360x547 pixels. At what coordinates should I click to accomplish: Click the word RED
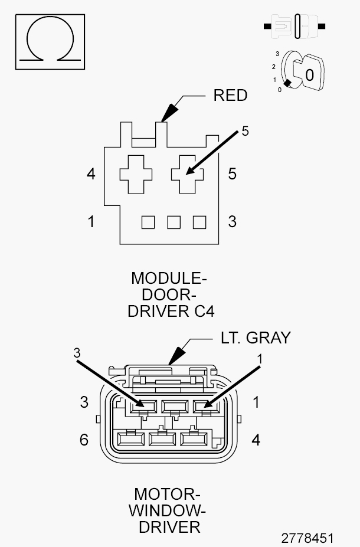230,96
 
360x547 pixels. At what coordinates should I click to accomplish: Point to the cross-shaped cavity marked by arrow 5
188,174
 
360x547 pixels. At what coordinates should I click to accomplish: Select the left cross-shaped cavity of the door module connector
136,174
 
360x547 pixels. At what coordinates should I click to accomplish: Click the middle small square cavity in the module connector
174,222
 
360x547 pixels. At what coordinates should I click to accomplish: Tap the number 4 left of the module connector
91,174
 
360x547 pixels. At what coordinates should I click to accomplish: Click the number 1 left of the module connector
91,222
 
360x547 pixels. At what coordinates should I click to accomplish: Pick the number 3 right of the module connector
233,222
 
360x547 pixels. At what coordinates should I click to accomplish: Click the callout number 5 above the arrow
246,131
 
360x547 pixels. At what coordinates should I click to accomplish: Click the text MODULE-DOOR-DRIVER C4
171,294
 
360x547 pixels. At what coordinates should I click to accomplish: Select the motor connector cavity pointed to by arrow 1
202,405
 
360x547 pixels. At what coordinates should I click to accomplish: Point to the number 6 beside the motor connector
84,440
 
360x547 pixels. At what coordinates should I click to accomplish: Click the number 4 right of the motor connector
256,440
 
